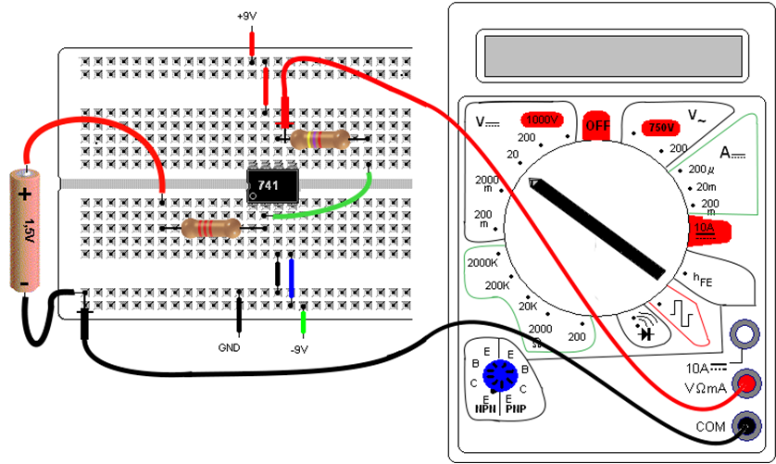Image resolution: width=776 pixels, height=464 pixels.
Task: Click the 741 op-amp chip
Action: click(269, 184)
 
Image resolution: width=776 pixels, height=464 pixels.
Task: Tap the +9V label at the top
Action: click(249, 17)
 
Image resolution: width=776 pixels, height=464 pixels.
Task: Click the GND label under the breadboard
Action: click(229, 348)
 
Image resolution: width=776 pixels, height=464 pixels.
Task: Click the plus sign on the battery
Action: click(25, 194)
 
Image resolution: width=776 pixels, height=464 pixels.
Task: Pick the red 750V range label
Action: click(661, 127)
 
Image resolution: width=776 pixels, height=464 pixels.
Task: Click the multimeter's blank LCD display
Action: click(612, 55)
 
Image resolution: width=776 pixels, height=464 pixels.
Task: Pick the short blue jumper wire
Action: click(292, 277)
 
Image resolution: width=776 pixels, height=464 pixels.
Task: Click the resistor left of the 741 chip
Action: click(211, 228)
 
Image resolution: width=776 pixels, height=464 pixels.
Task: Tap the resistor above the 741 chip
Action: click(319, 140)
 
